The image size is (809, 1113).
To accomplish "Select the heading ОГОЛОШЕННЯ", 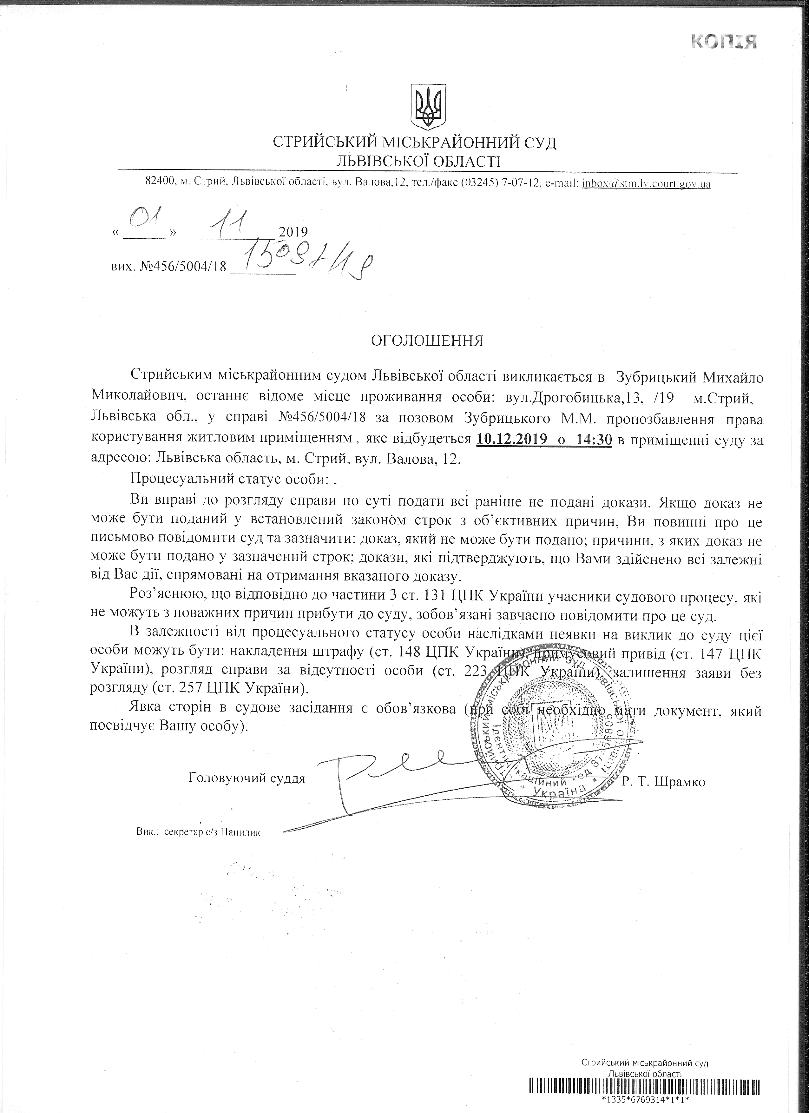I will pyautogui.click(x=427, y=341).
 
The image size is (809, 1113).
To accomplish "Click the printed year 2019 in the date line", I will pyautogui.click(x=293, y=231).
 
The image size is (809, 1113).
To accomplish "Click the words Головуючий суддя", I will pyautogui.click(x=246, y=778).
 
